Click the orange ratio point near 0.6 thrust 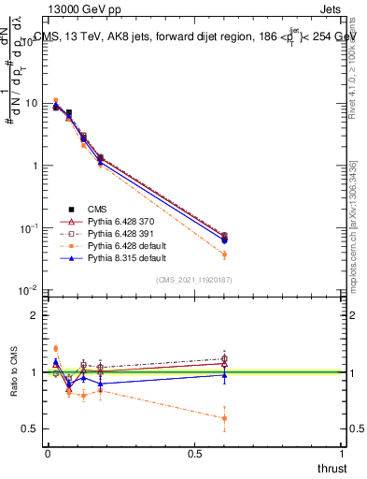[x=224, y=418]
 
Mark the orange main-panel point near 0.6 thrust [x=224, y=254]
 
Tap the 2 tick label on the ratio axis [x=35, y=315]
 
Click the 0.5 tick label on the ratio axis [x=32, y=429]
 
